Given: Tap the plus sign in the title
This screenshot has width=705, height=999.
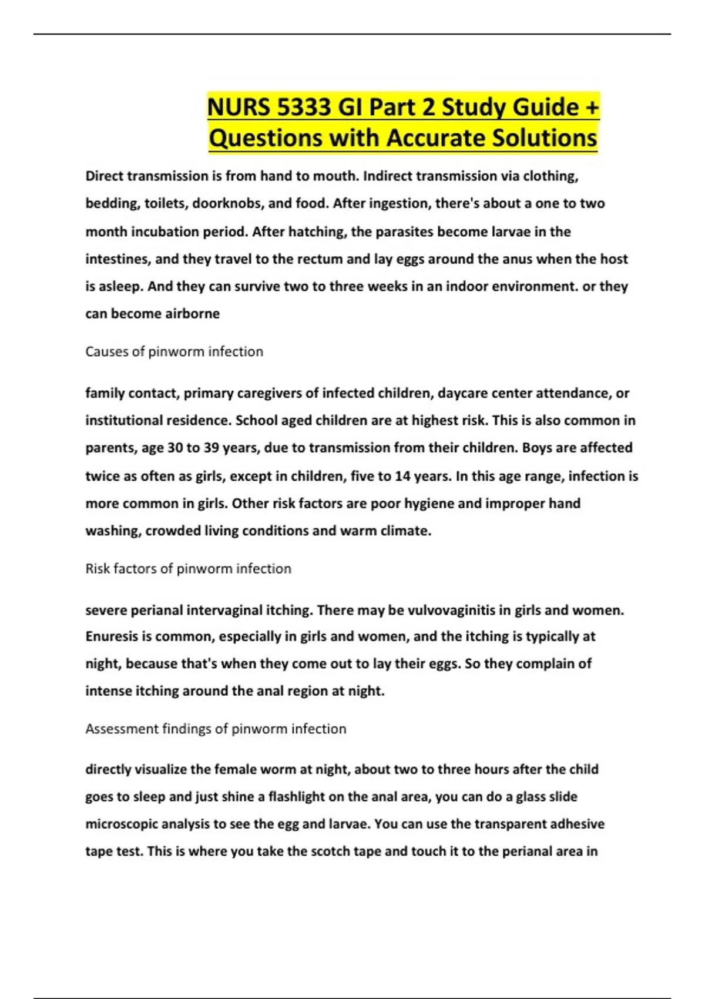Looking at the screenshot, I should [x=592, y=107].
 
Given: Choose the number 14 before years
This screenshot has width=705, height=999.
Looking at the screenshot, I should [x=402, y=476].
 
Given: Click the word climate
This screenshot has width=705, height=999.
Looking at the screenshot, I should [x=406, y=531].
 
